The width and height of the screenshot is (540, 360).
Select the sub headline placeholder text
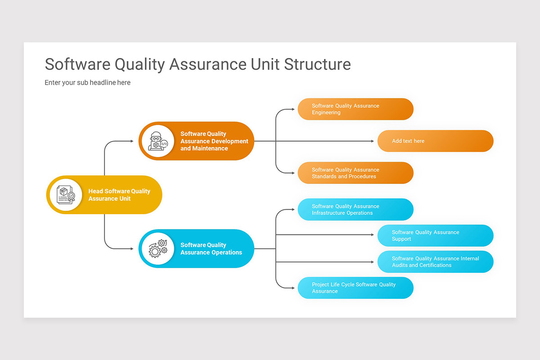(x=87, y=83)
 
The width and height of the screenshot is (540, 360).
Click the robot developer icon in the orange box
(x=157, y=141)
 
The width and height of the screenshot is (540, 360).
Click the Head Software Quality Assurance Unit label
(x=119, y=195)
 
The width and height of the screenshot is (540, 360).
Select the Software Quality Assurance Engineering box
(x=355, y=109)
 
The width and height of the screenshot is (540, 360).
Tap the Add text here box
(x=435, y=141)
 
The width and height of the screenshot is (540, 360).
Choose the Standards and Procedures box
(x=355, y=173)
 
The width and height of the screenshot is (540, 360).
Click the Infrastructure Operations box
(x=355, y=210)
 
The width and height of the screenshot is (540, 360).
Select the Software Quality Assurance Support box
(x=435, y=236)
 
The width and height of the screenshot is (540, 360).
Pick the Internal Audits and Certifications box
(x=435, y=262)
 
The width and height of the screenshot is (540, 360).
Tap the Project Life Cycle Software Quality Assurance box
(x=355, y=288)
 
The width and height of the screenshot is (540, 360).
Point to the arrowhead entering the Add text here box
(x=372, y=141)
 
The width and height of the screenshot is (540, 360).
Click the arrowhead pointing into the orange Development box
(x=132, y=141)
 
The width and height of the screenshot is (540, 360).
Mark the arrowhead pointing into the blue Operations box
(x=132, y=248)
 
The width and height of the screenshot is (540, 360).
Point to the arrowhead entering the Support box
(x=372, y=234)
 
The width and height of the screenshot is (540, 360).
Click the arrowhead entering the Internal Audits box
(x=372, y=262)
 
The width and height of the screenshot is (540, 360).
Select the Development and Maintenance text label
(x=214, y=141)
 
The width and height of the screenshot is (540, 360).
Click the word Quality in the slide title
(x=140, y=64)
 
